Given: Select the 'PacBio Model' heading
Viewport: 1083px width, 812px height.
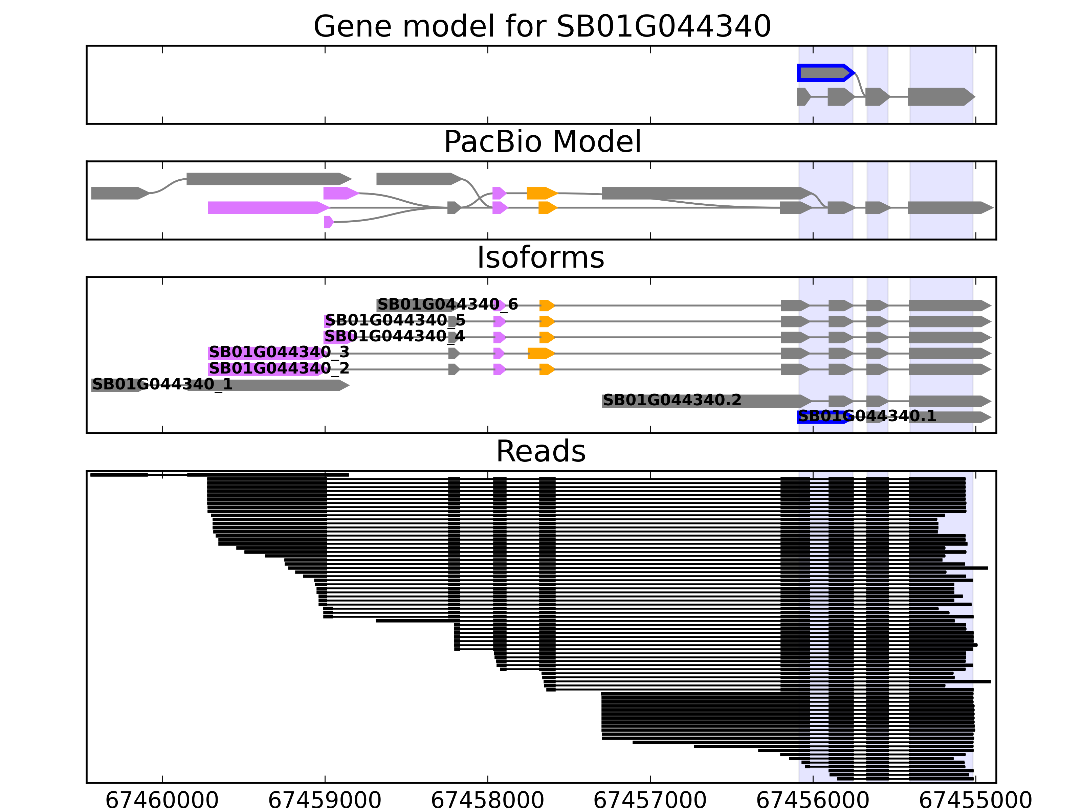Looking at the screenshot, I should [542, 142].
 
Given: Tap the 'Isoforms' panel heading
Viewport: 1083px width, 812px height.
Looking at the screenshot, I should [540, 257].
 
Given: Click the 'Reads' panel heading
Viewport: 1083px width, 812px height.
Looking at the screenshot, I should [540, 451].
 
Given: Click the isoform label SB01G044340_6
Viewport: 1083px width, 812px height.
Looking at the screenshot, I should [447, 304].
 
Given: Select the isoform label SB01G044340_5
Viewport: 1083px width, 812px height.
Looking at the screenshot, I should [395, 321].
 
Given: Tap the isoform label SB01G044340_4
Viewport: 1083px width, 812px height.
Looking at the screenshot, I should [395, 337].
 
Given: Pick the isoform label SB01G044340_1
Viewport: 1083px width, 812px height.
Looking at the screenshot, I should [162, 384].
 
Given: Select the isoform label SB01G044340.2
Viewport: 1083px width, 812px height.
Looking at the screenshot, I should [672, 400].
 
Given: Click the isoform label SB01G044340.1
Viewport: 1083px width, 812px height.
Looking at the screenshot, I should [867, 416].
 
